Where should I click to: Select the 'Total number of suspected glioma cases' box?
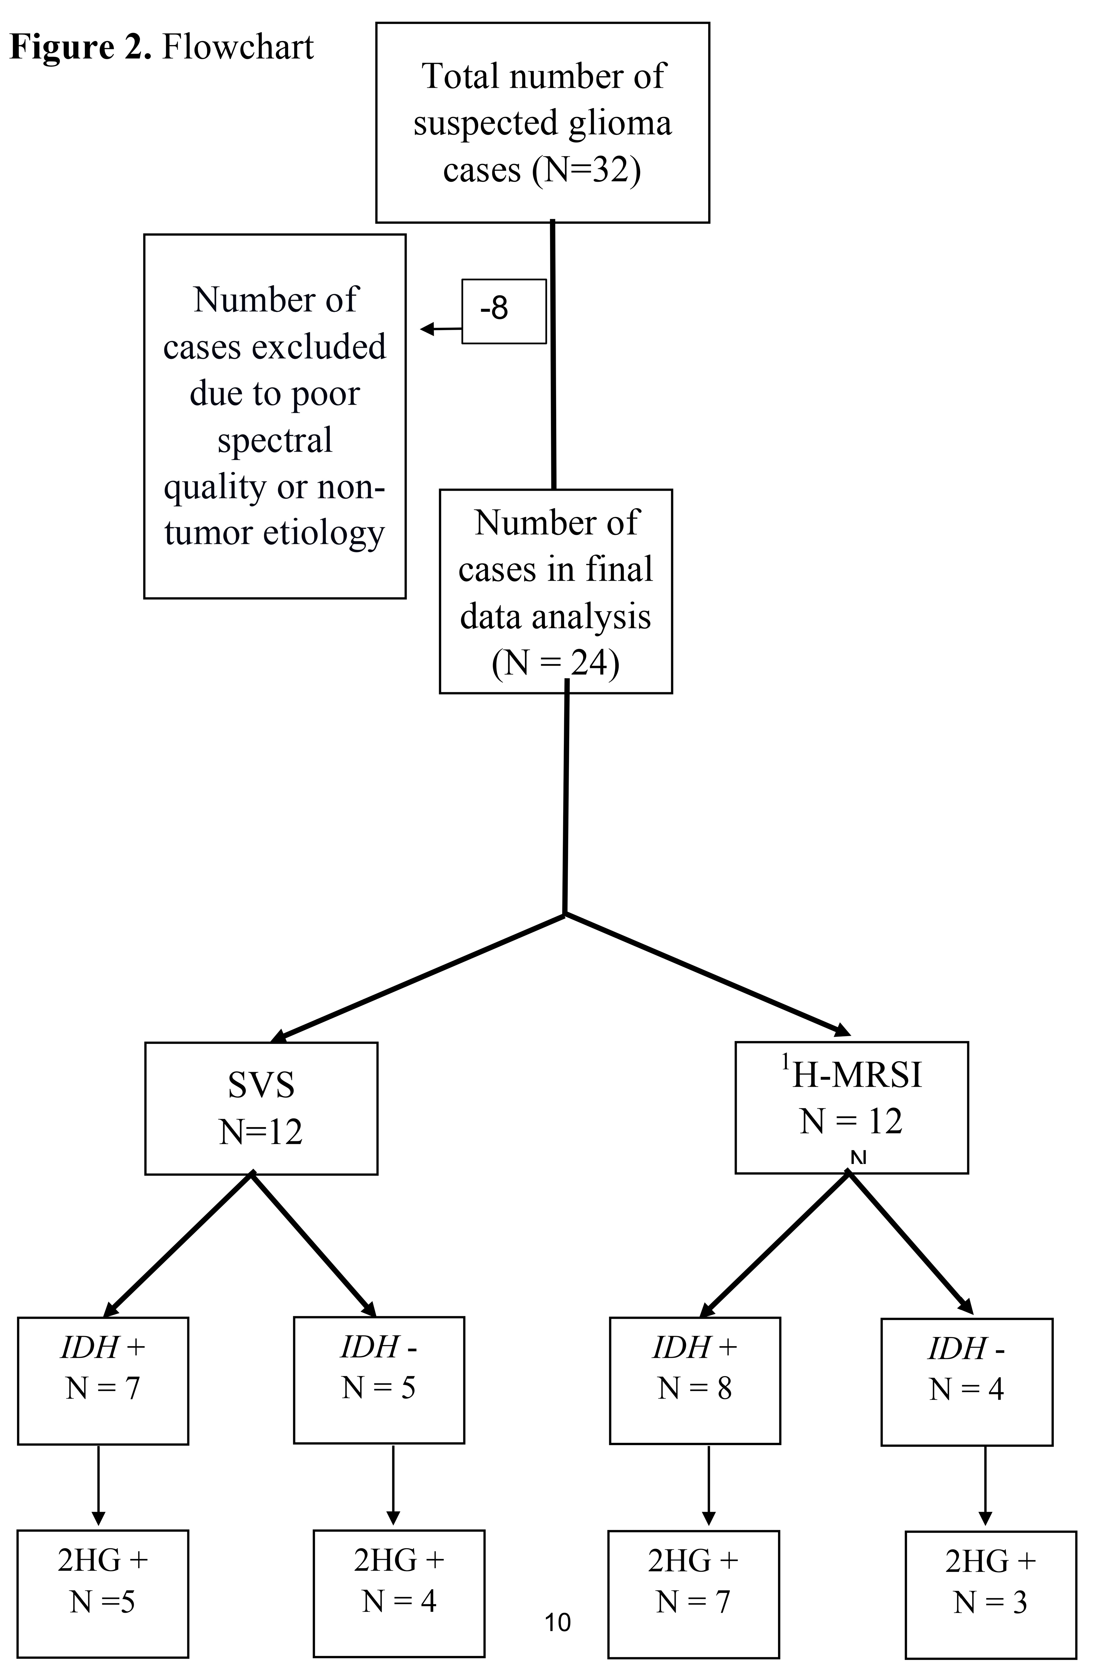(542, 123)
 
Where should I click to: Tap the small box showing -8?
(503, 311)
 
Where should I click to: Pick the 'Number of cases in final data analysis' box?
(555, 592)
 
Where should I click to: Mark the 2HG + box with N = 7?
(693, 1593)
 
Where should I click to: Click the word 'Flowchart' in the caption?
(238, 48)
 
